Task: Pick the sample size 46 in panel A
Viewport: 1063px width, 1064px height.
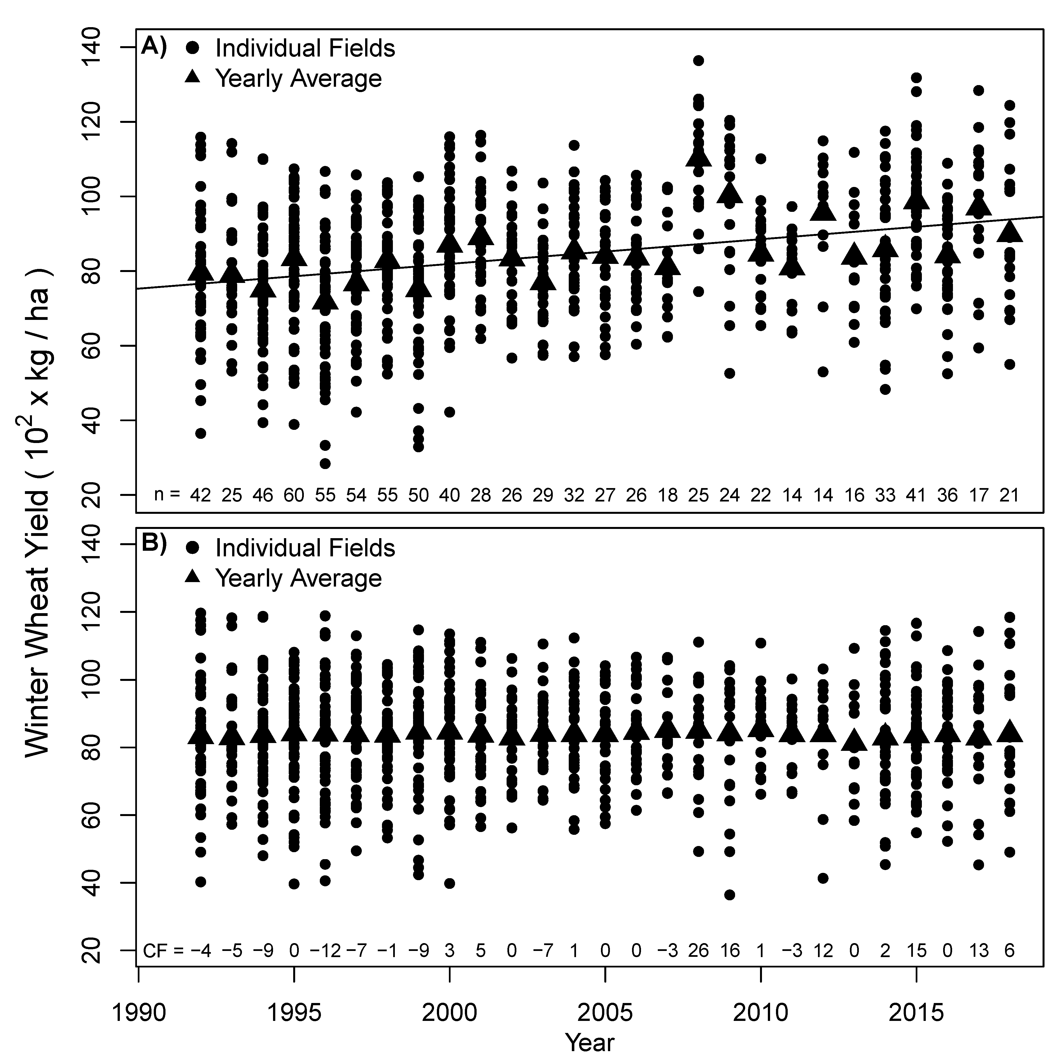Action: [263, 496]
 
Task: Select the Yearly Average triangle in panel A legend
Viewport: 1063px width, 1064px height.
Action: [193, 78]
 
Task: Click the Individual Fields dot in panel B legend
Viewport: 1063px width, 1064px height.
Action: [193, 548]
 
